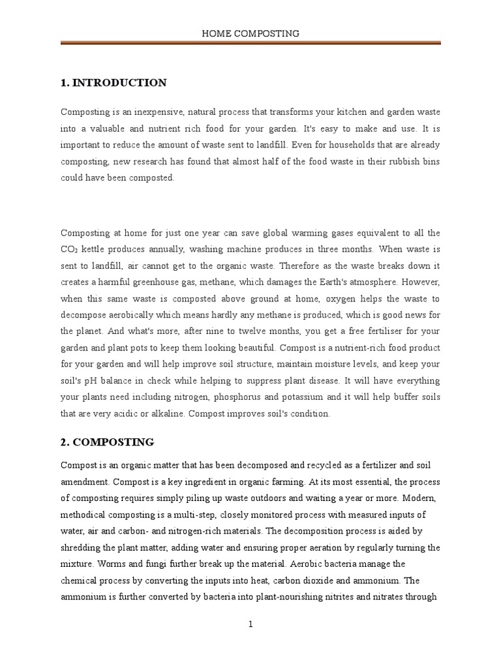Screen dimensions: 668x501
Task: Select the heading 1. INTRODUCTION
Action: click(x=114, y=83)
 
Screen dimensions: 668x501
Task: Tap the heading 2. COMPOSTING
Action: click(x=107, y=442)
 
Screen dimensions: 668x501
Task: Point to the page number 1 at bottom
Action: click(x=250, y=624)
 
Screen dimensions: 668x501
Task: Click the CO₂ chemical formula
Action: click(x=69, y=250)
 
